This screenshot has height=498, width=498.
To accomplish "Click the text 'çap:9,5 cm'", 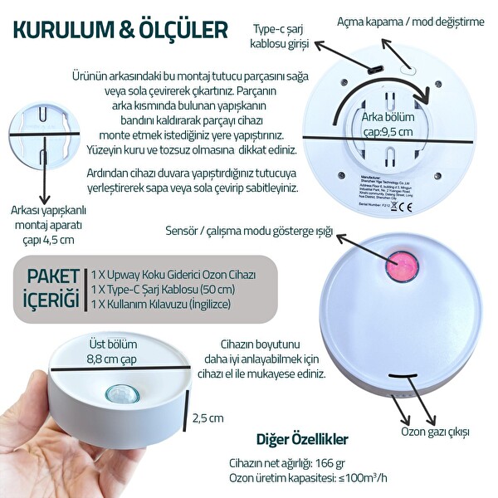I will pos(390,131).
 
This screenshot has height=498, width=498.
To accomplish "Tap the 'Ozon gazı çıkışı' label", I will pos(436,432).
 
